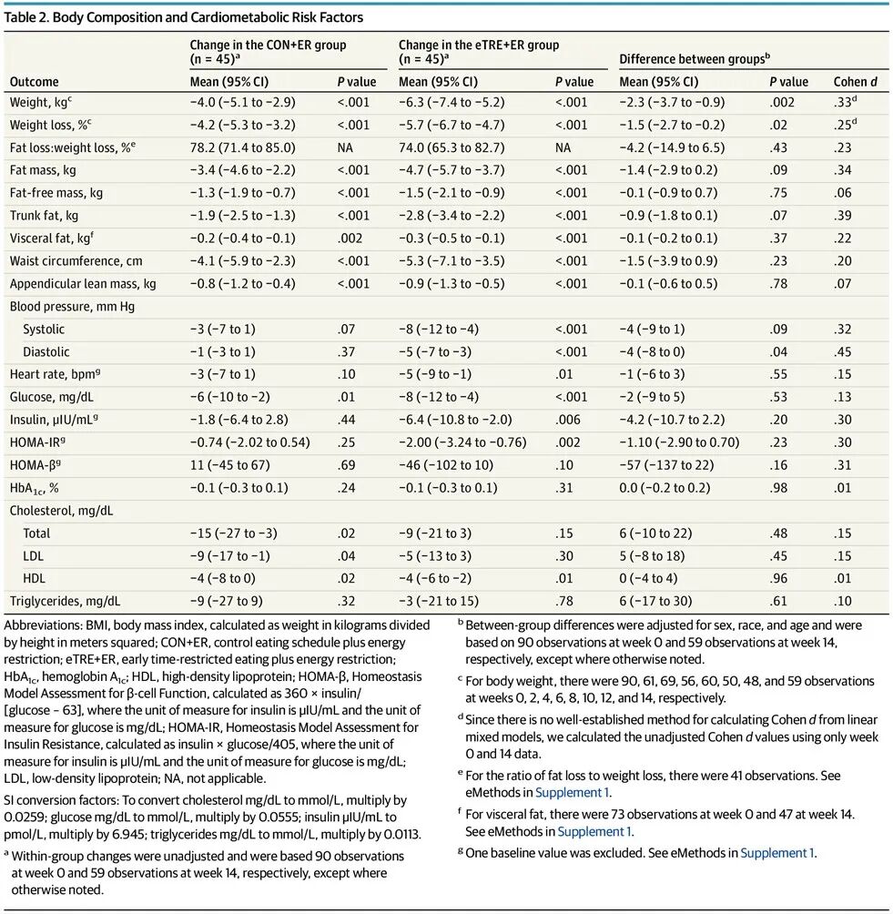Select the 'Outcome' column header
(34, 82)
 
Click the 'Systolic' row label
(44, 330)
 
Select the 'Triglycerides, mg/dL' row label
(65, 601)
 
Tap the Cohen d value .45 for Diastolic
(846, 352)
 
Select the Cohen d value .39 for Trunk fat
(846, 216)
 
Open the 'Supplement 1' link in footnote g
(777, 853)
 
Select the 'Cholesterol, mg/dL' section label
(61, 511)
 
